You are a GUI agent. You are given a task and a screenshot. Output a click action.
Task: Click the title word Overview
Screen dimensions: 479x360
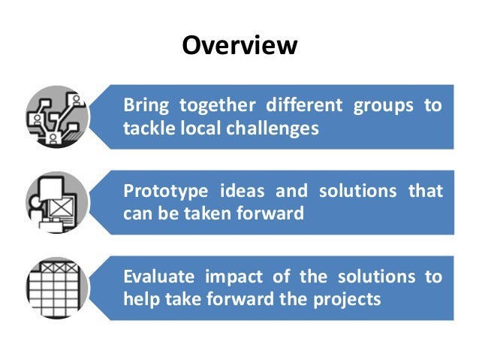click(239, 45)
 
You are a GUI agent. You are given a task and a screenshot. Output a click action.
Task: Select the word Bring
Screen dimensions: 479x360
click(146, 106)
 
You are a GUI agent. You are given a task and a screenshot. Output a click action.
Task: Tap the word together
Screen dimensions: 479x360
click(217, 106)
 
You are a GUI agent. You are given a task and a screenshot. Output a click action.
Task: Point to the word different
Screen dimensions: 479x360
click(304, 105)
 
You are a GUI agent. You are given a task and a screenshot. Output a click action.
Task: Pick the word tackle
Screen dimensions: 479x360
click(149, 128)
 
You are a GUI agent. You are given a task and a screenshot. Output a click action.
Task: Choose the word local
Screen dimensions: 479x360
click(200, 128)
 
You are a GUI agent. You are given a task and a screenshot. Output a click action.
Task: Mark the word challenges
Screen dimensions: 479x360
click(273, 129)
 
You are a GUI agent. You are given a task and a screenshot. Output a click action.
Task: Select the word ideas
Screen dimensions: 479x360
click(243, 191)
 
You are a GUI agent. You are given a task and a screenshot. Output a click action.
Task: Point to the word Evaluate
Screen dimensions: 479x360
click(159, 276)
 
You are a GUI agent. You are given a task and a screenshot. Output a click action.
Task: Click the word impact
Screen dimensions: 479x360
click(234, 277)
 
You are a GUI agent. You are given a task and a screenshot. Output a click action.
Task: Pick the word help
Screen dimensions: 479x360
click(142, 299)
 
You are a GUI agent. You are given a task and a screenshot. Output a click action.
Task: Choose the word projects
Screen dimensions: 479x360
click(347, 300)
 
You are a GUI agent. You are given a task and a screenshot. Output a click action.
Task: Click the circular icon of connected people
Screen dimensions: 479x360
click(57, 116)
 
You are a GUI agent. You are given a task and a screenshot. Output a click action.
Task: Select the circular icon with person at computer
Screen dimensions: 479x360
click(57, 202)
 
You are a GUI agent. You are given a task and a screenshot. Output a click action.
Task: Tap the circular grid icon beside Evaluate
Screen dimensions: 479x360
click(57, 288)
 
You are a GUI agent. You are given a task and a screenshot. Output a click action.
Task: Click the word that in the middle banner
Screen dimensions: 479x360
click(426, 191)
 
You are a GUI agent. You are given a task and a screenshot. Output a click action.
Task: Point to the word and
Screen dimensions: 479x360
click(292, 191)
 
